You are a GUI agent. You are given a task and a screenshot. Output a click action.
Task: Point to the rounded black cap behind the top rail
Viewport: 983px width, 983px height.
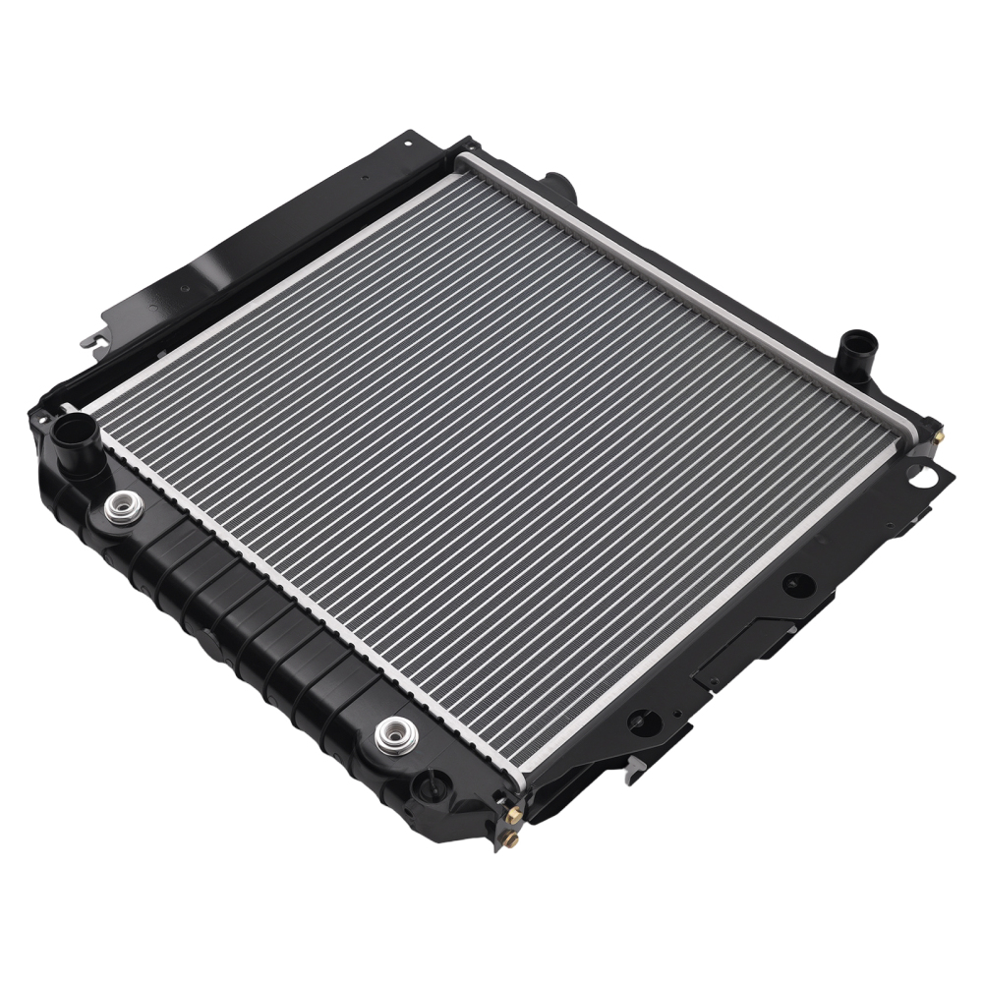[x=559, y=183]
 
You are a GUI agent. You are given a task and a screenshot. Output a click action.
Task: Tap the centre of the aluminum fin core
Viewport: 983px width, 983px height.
[x=501, y=462]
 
